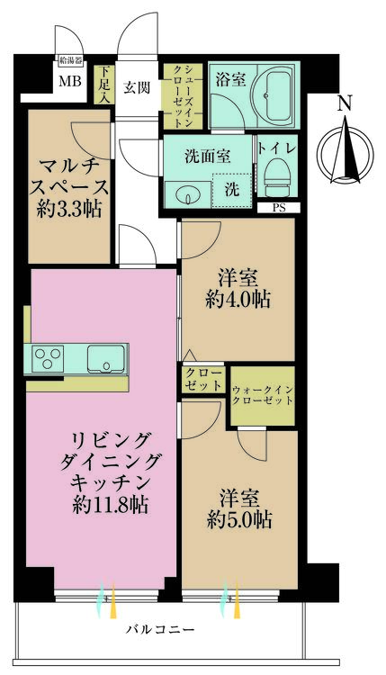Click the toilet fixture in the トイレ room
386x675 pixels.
tap(276, 177)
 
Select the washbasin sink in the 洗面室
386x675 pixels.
tap(188, 194)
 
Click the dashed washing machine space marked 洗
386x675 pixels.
tap(232, 190)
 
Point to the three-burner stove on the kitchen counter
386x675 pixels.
tap(48, 359)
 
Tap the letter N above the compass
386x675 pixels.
tap(345, 104)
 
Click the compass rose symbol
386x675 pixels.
tap(346, 152)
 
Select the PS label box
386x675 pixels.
tap(279, 208)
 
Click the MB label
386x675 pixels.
tap(69, 80)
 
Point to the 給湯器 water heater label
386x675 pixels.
tap(70, 60)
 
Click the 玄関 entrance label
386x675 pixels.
tap(137, 87)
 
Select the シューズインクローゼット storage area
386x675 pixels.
tap(183, 96)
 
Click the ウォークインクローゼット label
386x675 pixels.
tap(263, 395)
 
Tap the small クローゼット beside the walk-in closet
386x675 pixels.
tap(202, 379)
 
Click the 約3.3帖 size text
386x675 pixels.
tap(69, 210)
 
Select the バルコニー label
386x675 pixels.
tap(160, 630)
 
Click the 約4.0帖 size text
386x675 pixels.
tap(238, 300)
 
